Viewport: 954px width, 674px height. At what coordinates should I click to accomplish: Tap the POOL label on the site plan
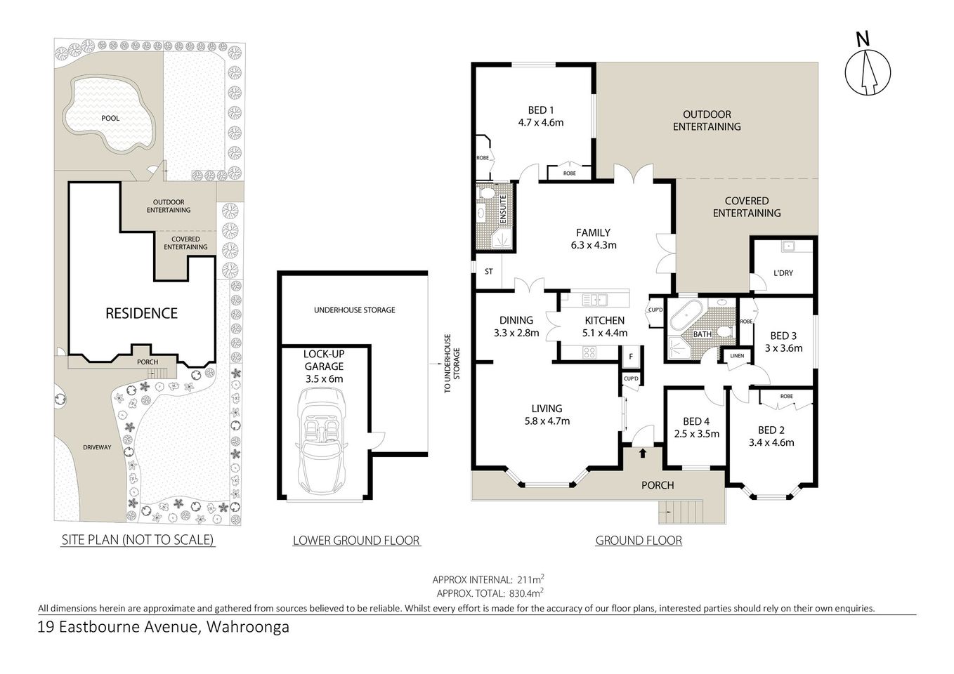[x=110, y=118]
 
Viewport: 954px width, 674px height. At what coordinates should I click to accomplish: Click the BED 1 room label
[x=541, y=110]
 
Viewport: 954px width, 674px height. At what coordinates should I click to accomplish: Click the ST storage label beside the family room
[x=489, y=271]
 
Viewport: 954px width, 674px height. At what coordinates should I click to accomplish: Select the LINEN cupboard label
[x=737, y=356]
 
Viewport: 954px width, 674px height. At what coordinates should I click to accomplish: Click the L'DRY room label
[x=783, y=272]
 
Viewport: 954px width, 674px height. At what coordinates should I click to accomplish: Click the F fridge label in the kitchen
[x=631, y=356]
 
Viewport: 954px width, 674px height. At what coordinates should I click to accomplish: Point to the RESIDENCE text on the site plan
[x=141, y=313]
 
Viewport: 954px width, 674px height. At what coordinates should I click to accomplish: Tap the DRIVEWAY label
[x=97, y=447]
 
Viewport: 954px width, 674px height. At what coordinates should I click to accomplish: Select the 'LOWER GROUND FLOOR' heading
[x=356, y=540]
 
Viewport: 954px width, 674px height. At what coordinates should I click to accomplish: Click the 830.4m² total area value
[x=528, y=593]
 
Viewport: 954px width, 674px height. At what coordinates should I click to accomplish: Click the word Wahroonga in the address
[x=247, y=627]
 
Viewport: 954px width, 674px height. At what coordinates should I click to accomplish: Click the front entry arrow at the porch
[x=643, y=454]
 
